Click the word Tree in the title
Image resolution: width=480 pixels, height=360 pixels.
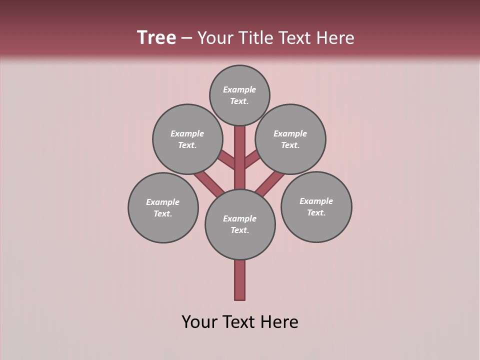pyautogui.click(x=156, y=38)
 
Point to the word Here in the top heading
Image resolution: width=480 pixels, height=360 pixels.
pyautogui.click(x=335, y=38)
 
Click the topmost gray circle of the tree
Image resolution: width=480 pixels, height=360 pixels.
pyautogui.click(x=239, y=95)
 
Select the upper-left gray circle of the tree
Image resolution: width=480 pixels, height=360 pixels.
pyautogui.click(x=187, y=139)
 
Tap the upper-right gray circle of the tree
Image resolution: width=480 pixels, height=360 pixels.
pyautogui.click(x=290, y=139)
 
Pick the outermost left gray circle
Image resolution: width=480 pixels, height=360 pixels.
pyautogui.click(x=163, y=207)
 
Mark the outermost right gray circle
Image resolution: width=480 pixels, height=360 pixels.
pyautogui.click(x=316, y=206)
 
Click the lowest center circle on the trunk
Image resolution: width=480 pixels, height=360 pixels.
pyautogui.click(x=240, y=224)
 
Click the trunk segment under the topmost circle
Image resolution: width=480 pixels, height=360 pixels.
pyautogui.click(x=240, y=145)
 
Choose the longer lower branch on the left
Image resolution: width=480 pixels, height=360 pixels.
pyautogui.click(x=209, y=183)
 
